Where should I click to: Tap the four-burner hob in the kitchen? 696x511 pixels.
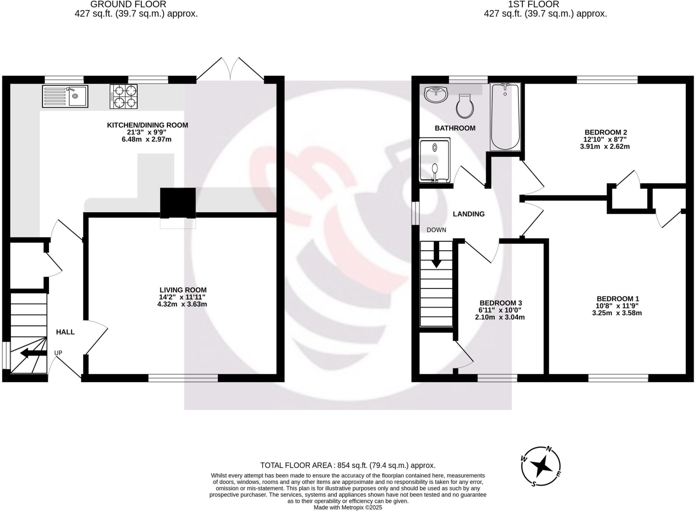click(x=124, y=96)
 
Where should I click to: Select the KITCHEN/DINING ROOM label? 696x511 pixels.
click(x=147, y=125)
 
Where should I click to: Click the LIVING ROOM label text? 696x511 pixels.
click(x=183, y=290)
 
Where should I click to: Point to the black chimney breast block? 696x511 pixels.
click(x=178, y=202)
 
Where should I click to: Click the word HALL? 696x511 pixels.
click(x=65, y=332)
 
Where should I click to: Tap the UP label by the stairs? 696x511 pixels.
click(x=58, y=353)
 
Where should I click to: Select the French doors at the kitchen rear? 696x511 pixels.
click(x=230, y=70)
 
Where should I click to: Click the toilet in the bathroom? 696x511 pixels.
click(x=465, y=106)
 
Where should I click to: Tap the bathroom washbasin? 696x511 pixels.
click(x=436, y=94)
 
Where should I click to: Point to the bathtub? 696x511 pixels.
click(x=505, y=117)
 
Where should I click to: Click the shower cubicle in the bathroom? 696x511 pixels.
click(x=435, y=160)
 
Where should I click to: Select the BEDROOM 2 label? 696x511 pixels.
click(x=606, y=132)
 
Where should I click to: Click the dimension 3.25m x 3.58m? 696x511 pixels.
click(x=617, y=313)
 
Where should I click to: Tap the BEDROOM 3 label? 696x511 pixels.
click(x=501, y=303)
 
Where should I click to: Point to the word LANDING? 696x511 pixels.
click(x=468, y=214)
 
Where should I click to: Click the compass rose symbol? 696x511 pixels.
click(x=540, y=466)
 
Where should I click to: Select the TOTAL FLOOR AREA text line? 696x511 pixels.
click(x=348, y=465)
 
